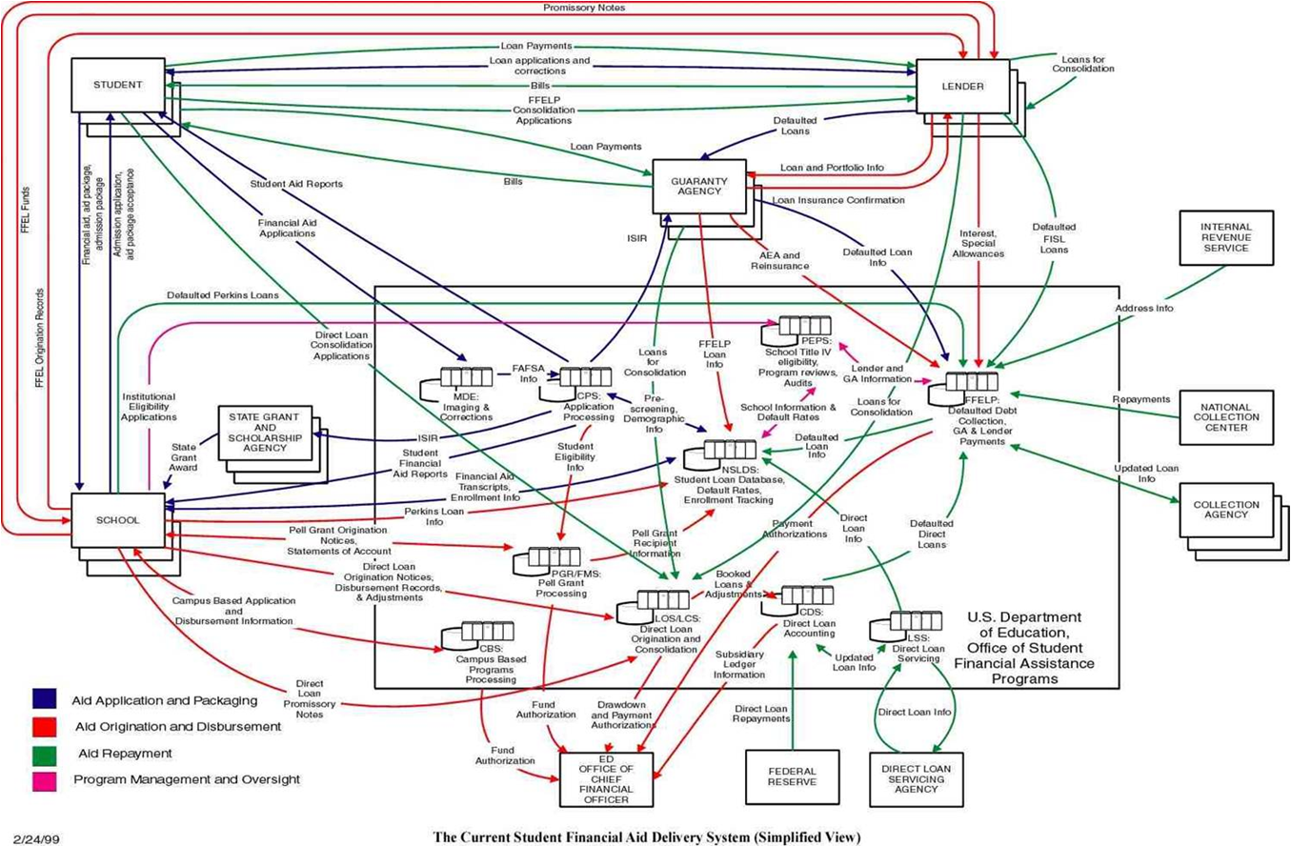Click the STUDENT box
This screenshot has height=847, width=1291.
(x=118, y=85)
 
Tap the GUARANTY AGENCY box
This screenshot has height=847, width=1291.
(x=699, y=186)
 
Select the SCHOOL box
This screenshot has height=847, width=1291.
(x=118, y=520)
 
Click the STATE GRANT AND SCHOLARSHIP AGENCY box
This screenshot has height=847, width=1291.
(x=264, y=433)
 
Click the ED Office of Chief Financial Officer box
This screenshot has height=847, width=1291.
(x=606, y=778)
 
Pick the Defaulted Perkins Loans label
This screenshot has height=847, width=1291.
(x=222, y=295)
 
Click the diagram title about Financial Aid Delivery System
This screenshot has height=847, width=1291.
(x=645, y=837)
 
